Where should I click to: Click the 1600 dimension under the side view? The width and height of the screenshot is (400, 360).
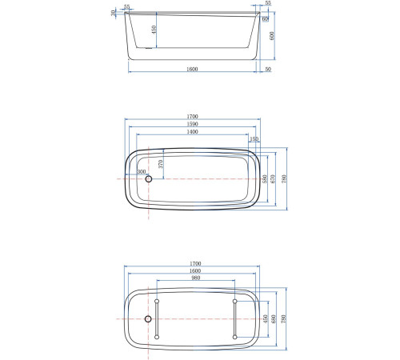(193, 68)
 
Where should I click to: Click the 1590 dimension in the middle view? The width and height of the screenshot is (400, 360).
(193, 124)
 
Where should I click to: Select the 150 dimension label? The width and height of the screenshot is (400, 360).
(254, 138)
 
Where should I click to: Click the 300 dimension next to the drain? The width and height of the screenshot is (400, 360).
(142, 171)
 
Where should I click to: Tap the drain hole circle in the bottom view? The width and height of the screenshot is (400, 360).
(147, 319)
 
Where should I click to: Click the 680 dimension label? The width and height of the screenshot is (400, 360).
(274, 319)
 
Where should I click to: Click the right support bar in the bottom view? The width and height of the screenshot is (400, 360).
(234, 319)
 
